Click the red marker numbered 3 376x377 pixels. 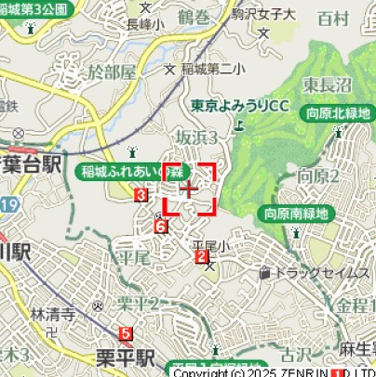coord(140,195)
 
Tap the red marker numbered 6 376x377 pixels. coord(160,227)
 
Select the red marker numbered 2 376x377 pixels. coord(201,256)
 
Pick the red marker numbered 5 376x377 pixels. coord(127,331)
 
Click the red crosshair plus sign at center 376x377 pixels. coord(191,188)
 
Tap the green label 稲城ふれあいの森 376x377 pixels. coord(129,172)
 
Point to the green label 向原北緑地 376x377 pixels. coord(338,114)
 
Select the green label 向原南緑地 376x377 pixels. coord(296,214)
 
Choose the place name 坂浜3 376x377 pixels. coord(196,137)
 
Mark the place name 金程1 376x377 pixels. coord(355,305)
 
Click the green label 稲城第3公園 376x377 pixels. coord(35,9)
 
